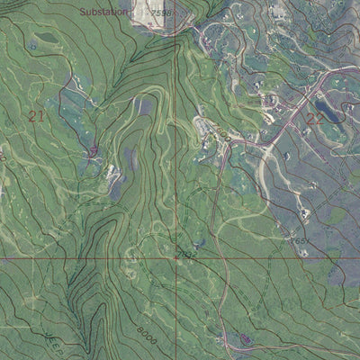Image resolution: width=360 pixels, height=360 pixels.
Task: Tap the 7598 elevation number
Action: click(160, 13)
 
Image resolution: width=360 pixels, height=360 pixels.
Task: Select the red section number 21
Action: click(37, 115)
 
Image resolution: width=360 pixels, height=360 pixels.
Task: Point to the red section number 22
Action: click(314, 118)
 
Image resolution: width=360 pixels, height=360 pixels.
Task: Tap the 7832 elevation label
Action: click(187, 255)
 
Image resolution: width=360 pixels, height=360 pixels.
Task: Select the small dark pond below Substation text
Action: click(43, 38)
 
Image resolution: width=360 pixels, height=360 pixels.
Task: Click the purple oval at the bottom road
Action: click(243, 338)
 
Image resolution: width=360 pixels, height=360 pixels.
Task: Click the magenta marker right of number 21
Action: click(94, 150)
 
